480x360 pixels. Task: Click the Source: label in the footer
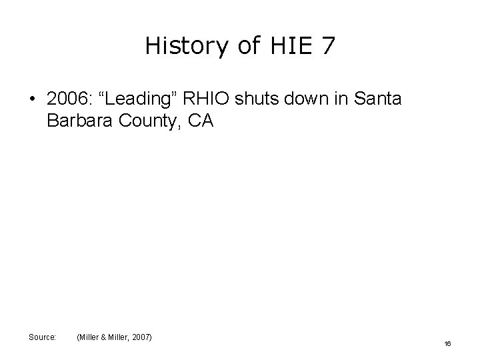click(42, 337)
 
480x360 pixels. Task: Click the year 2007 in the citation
click(141, 337)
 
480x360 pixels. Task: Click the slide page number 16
click(448, 343)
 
